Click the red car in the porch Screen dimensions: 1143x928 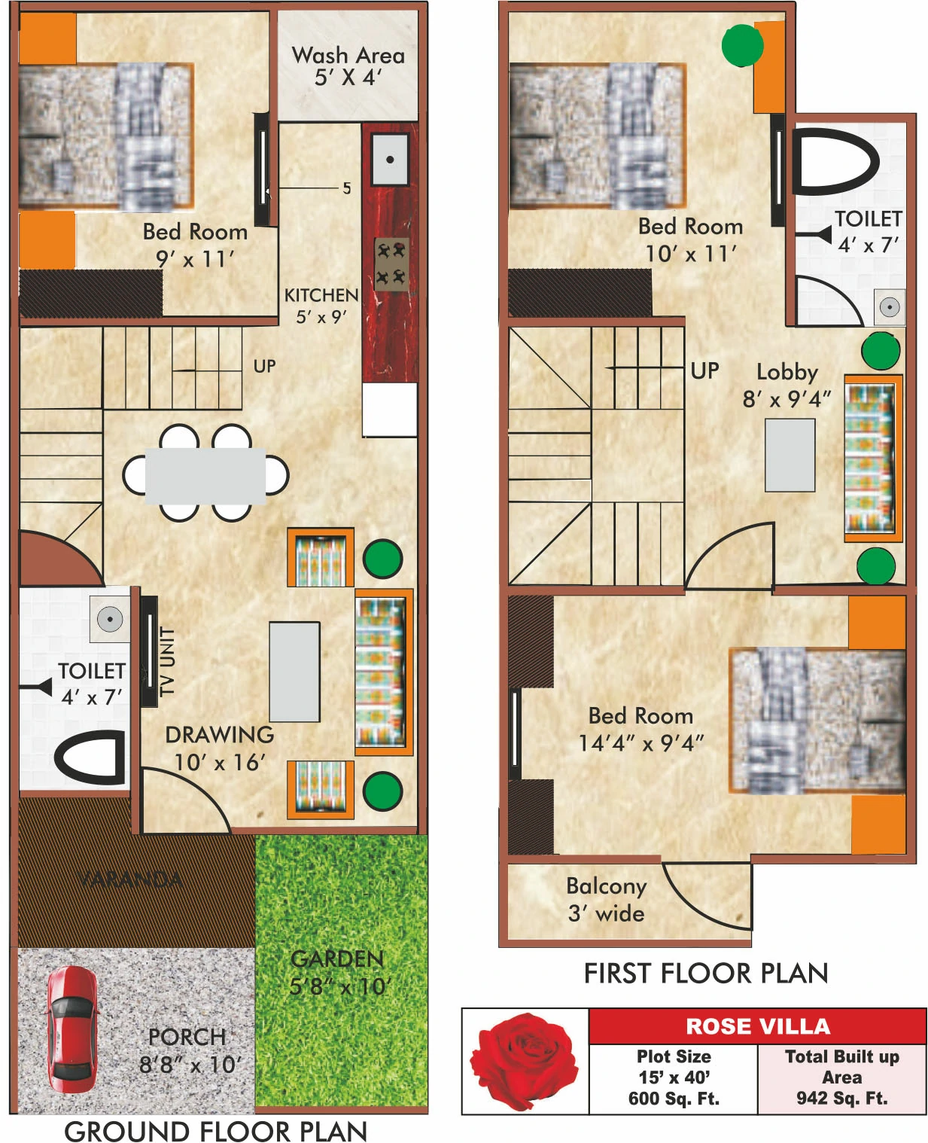pyautogui.click(x=72, y=1028)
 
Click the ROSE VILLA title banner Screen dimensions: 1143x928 pyautogui.click(x=757, y=1026)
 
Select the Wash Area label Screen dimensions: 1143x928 pyautogui.click(x=348, y=66)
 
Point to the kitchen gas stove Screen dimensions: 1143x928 pyautogui.click(x=391, y=264)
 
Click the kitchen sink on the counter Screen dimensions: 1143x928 pyautogui.click(x=390, y=159)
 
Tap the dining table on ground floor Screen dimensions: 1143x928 pyautogui.click(x=205, y=476)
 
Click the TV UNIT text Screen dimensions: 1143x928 pyautogui.click(x=167, y=660)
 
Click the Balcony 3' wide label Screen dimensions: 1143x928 pyautogui.click(x=606, y=899)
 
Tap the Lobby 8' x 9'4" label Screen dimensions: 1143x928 pyautogui.click(x=787, y=385)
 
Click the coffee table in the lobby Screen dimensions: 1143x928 pyautogui.click(x=790, y=455)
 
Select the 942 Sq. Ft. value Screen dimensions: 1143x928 pyautogui.click(x=841, y=1098)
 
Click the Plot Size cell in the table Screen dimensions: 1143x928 pyautogui.click(x=674, y=1077)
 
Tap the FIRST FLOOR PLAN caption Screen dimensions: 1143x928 pyautogui.click(x=705, y=973)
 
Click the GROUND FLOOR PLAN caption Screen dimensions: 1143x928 pyautogui.click(x=215, y=1130)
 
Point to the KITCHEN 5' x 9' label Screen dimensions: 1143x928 pyautogui.click(x=321, y=305)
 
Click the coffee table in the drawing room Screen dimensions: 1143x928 pyautogui.click(x=294, y=672)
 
